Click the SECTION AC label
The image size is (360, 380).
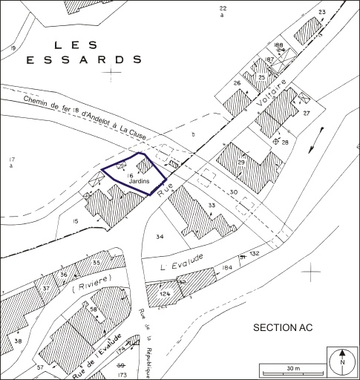tap(287, 327)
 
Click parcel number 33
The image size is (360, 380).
tap(212, 205)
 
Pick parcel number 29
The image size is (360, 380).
tap(240, 162)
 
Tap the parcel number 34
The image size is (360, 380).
tap(160, 237)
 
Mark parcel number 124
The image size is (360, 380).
tap(164, 295)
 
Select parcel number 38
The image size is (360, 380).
tap(18, 341)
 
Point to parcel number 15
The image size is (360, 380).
tap(75, 222)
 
